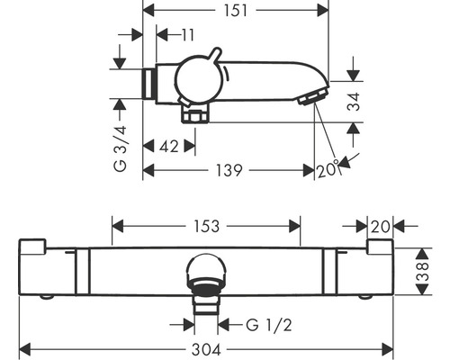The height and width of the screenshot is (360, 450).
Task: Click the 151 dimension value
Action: tap(236, 11)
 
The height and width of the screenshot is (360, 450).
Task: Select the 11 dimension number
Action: tap(188, 35)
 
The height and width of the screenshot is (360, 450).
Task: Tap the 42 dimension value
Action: tap(169, 147)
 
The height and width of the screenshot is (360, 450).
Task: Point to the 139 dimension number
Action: tap(229, 170)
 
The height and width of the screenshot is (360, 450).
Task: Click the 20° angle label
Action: tap(328, 170)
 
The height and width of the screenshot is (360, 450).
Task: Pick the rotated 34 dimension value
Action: tap(354, 102)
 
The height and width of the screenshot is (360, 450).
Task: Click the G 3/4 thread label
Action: tap(121, 149)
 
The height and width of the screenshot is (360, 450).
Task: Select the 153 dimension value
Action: tap(206, 226)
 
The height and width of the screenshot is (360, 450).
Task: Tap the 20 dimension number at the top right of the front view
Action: tap(381, 227)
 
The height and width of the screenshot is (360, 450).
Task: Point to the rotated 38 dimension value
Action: tap(423, 272)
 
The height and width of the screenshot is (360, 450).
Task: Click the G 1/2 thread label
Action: tap(268, 325)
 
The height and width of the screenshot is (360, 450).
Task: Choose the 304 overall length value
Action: tap(206, 350)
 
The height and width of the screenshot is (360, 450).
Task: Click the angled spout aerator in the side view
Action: tap(313, 95)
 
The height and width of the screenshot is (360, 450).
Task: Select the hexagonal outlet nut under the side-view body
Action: tap(195, 116)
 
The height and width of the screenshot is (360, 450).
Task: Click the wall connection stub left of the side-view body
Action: tap(148, 84)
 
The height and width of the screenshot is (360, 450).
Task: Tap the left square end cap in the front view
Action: tap(32, 247)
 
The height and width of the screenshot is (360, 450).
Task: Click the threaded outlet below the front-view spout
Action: tap(206, 304)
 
